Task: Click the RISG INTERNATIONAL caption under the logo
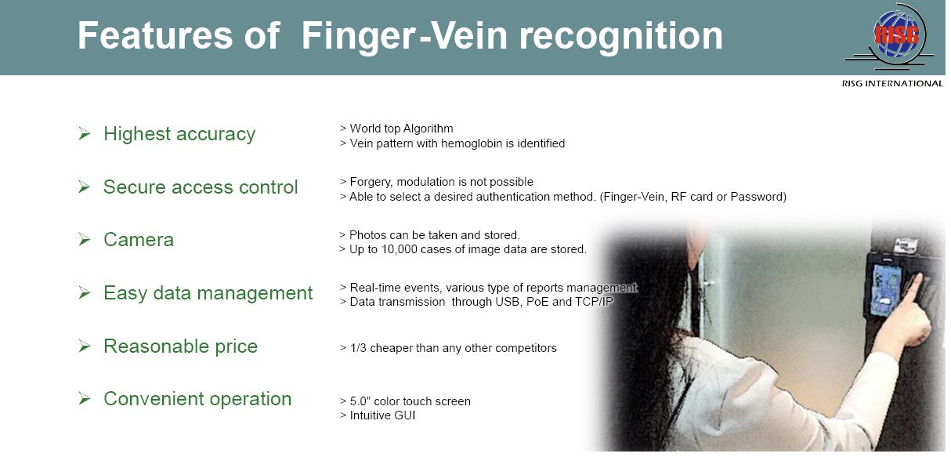tap(892, 84)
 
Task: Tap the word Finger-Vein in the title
tap(404, 36)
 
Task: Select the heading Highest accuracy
tap(179, 134)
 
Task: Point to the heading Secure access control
tap(201, 187)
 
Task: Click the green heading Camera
tap(139, 240)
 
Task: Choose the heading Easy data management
tap(208, 293)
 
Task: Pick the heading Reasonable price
tap(180, 346)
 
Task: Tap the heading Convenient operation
tap(197, 399)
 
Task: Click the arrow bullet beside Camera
tap(85, 240)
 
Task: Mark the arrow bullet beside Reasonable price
tap(85, 346)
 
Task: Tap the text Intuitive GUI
tap(382, 415)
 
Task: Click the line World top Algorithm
tap(401, 129)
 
